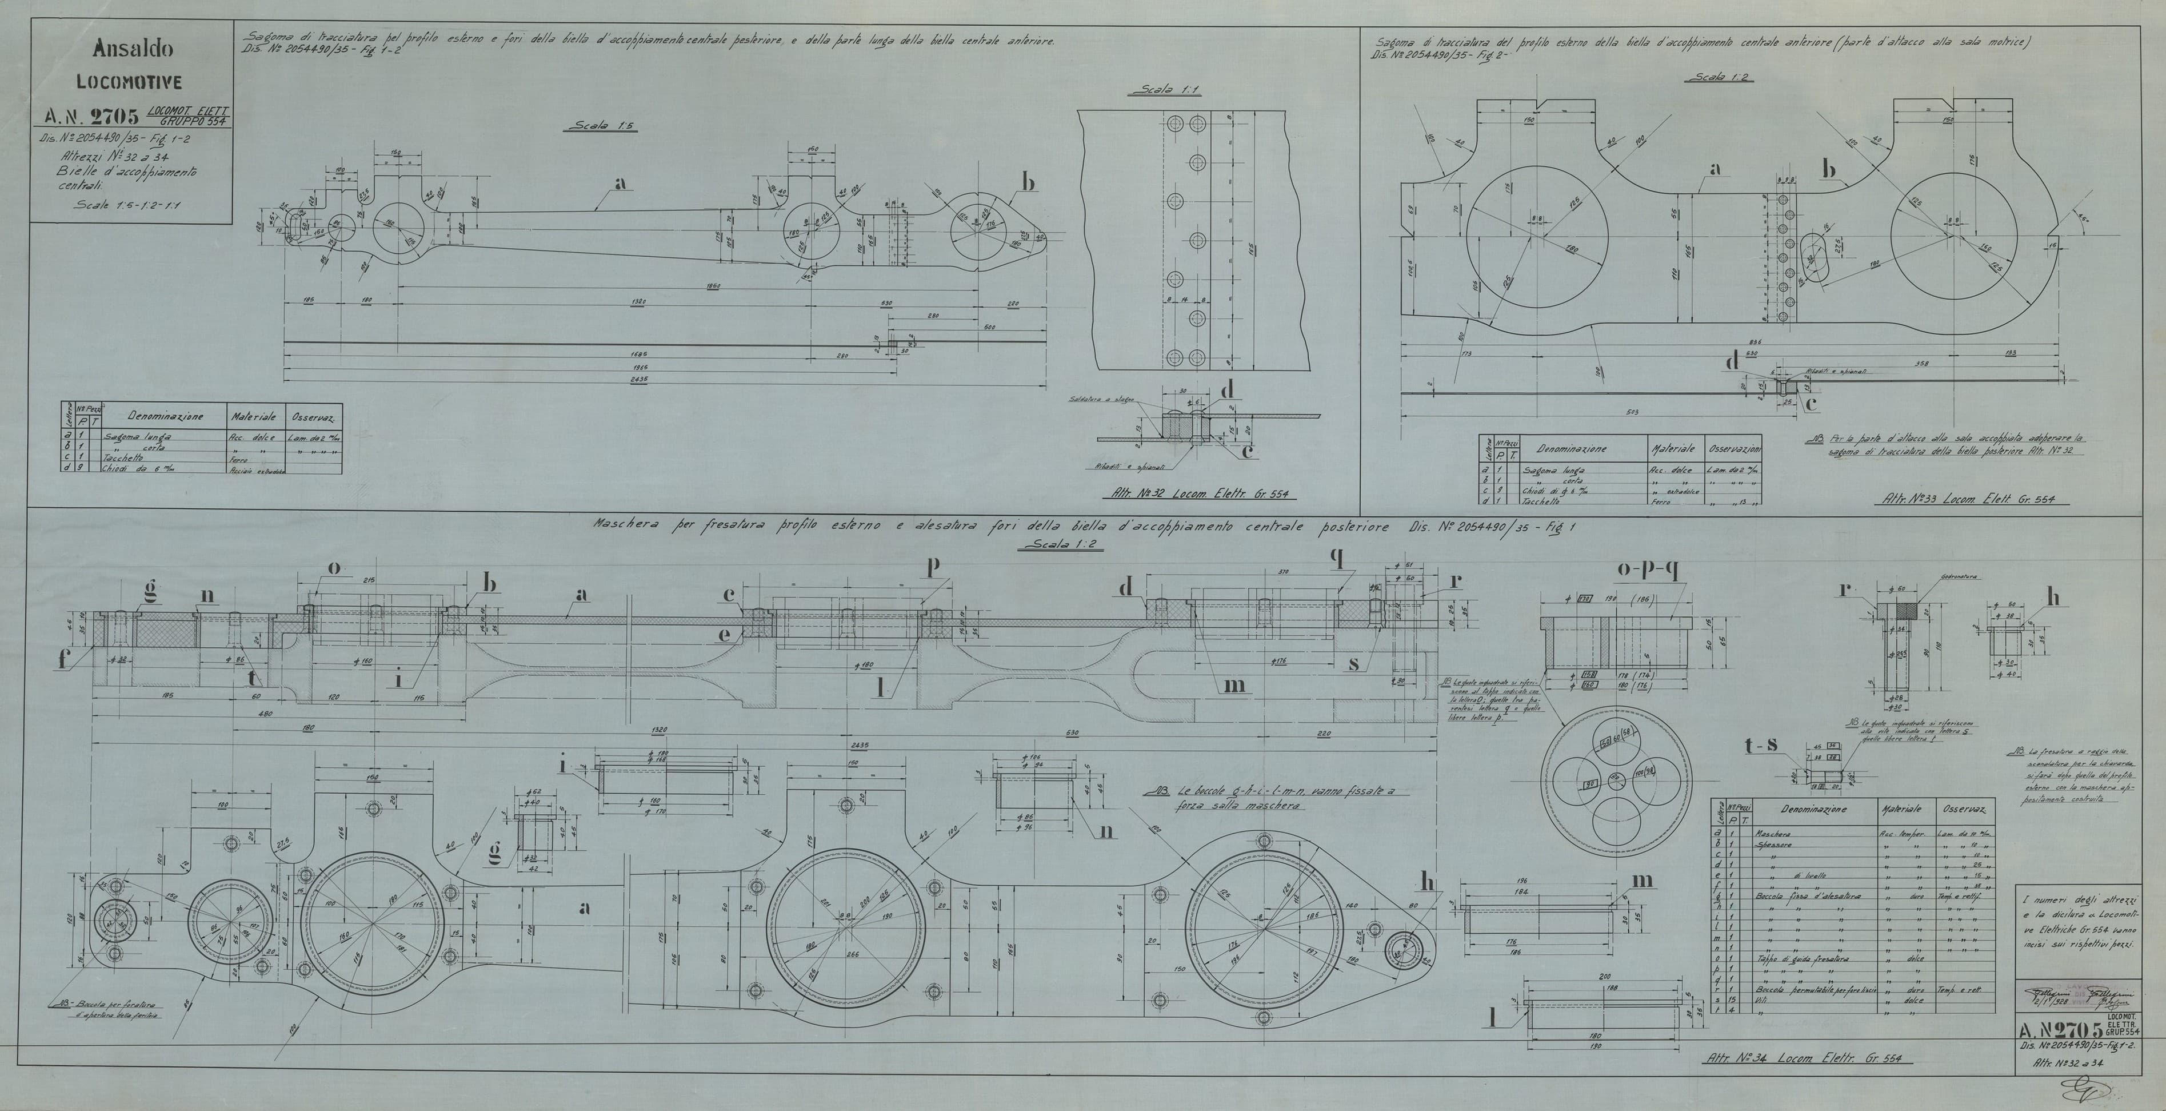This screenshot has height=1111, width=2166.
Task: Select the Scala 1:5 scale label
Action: click(x=602, y=126)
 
